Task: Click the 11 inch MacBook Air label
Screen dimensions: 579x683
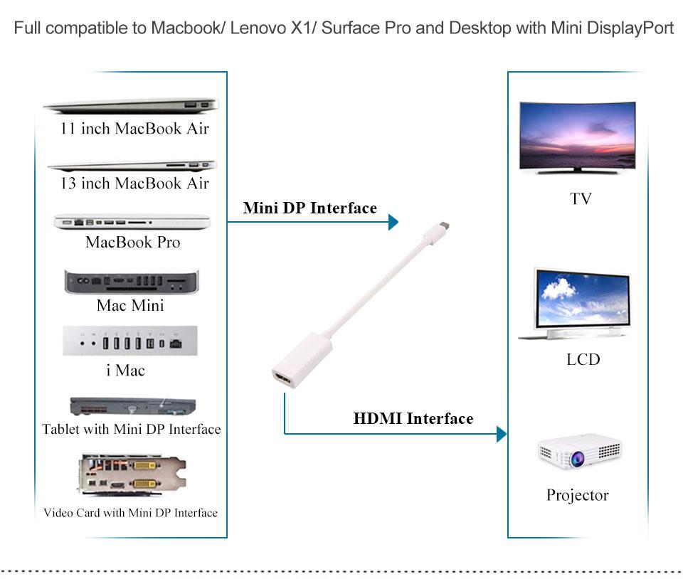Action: pyautogui.click(x=134, y=129)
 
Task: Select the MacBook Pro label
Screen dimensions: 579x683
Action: pyautogui.click(x=132, y=242)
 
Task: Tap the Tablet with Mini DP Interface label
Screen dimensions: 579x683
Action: pyautogui.click(x=132, y=429)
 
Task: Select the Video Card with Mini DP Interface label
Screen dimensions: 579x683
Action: pyautogui.click(x=131, y=513)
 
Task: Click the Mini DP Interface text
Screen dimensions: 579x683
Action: pyautogui.click(x=309, y=208)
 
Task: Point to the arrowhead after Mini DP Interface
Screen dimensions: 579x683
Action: pyautogui.click(x=393, y=223)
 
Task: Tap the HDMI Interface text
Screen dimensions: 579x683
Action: pyautogui.click(x=413, y=418)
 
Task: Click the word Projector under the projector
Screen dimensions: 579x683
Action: pyautogui.click(x=577, y=495)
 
